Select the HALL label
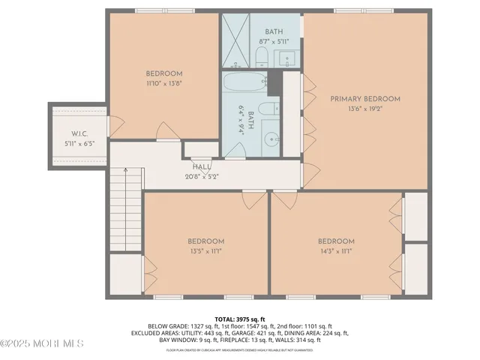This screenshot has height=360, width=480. point(202,166)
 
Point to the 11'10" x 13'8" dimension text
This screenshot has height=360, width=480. point(164,85)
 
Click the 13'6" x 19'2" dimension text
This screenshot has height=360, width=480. point(365,109)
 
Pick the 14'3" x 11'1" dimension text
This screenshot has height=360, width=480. point(335,251)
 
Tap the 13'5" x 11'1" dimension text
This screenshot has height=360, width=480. point(205,251)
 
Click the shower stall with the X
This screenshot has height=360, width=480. point(237,40)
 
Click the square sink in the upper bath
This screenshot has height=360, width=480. point(290,56)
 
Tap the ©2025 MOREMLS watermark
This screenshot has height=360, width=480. point(41,343)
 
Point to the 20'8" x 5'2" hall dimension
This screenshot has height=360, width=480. point(202,177)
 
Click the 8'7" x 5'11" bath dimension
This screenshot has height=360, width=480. point(274,42)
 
